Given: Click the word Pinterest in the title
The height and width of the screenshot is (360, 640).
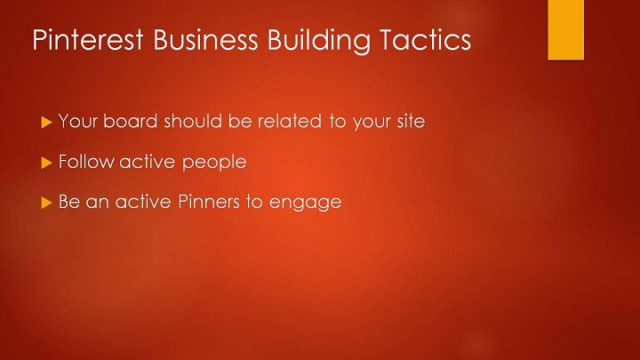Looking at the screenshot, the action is tap(88, 40).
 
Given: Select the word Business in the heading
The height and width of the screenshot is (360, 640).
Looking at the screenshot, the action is tap(205, 40).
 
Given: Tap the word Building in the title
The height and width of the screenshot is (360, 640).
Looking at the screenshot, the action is tap(319, 41).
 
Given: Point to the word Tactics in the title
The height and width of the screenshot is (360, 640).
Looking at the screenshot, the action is tap(425, 40).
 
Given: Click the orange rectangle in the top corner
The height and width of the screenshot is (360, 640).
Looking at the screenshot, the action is tap(565, 30).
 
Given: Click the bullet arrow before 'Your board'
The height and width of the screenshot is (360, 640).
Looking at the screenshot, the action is tap(47, 122).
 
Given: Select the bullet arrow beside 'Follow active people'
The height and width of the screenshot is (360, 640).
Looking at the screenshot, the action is tap(47, 163).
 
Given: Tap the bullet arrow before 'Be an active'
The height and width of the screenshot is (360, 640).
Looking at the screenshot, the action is tap(47, 203).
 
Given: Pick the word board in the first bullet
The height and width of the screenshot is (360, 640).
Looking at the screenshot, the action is tap(130, 121).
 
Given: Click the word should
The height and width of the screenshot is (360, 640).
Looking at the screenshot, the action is tap(193, 121).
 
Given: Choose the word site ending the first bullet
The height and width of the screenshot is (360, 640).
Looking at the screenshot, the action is tap(411, 121).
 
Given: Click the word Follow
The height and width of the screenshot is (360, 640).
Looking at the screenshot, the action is tap(86, 161).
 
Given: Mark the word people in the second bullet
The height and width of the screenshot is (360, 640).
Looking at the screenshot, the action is tap(214, 163).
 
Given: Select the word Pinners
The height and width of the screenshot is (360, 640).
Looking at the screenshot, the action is tap(209, 201).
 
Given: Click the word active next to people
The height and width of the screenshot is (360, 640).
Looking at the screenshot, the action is tap(148, 161).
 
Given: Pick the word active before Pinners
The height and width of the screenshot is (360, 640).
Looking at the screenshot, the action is tap(143, 201).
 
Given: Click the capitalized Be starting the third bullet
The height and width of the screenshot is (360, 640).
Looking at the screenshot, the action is tap(69, 201).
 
